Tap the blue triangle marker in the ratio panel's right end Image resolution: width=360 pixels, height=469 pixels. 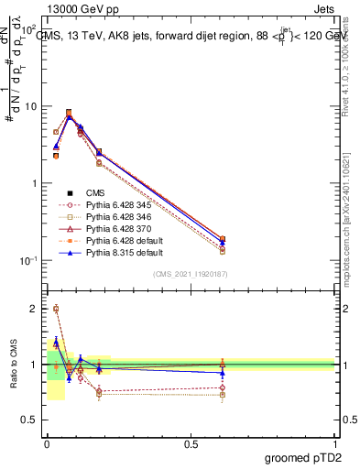coord(223,373)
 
